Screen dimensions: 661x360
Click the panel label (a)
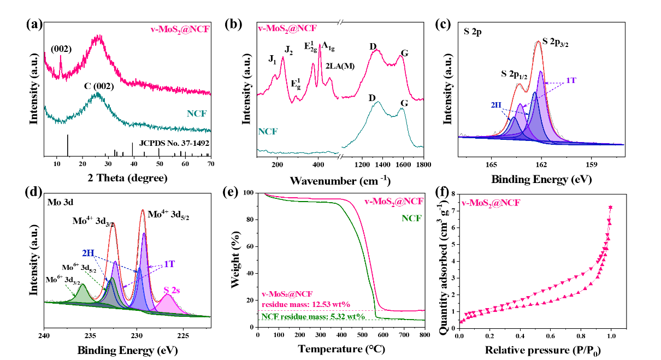[34, 25]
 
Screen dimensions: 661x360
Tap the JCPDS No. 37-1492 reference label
[174, 144]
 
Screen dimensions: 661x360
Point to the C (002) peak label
[99, 86]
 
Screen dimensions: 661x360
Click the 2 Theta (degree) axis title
[127, 178]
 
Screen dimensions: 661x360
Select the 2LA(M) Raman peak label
[340, 66]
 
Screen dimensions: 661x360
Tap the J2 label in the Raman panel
[288, 50]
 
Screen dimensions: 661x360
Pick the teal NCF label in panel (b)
[268, 131]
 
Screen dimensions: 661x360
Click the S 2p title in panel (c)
[473, 32]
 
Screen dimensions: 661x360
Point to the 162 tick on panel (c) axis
[541, 164]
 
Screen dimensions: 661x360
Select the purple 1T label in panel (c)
[571, 80]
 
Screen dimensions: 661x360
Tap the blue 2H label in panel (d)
[88, 253]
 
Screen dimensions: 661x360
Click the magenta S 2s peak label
[172, 291]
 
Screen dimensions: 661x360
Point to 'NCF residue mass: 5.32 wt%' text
[314, 317]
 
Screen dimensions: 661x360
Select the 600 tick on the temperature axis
[383, 335]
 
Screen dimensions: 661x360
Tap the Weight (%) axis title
[236, 259]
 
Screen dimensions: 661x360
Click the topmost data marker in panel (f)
[611, 208]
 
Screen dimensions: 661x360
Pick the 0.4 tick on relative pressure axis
[520, 336]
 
